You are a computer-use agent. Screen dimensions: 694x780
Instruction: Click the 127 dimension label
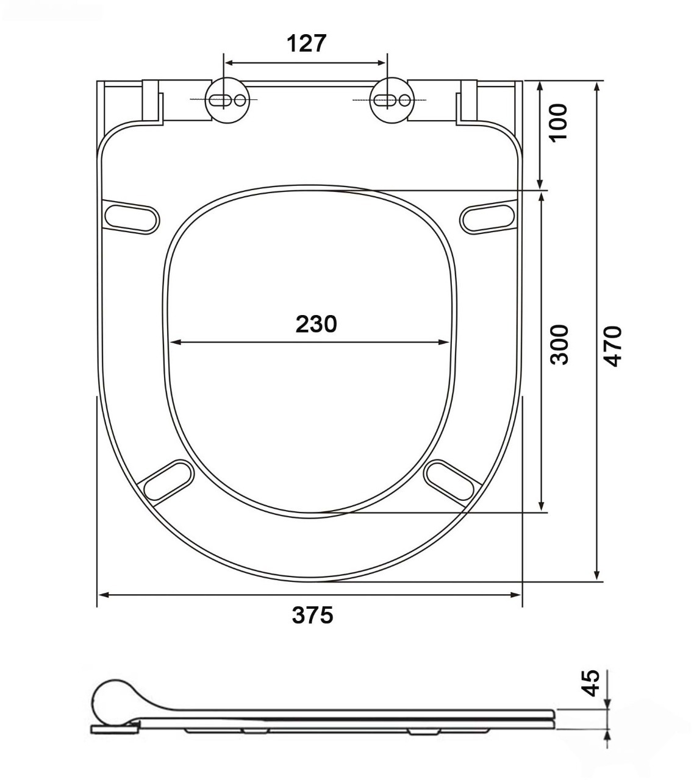point(306,43)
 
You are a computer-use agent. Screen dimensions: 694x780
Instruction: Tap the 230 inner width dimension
point(316,324)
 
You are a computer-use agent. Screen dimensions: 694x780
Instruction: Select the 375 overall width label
point(312,615)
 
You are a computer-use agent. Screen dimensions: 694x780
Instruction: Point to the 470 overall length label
point(612,346)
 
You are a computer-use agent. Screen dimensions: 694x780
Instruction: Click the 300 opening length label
point(559,344)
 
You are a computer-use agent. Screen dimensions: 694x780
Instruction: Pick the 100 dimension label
point(559,123)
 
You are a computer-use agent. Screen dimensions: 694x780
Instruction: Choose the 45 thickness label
point(590,683)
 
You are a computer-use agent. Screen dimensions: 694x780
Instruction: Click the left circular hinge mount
point(227,100)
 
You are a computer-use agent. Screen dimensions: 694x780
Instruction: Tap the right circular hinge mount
point(392,100)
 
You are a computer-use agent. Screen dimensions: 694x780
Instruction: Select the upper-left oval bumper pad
point(131,219)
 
